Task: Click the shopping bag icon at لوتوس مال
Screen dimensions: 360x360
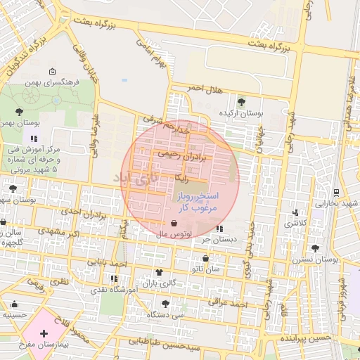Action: [x=174, y=224]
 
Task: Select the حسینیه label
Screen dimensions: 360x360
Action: [x=15, y=314]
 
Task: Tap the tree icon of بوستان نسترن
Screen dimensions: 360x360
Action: [x=315, y=248]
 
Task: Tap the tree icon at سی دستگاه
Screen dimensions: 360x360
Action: [x=165, y=304]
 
